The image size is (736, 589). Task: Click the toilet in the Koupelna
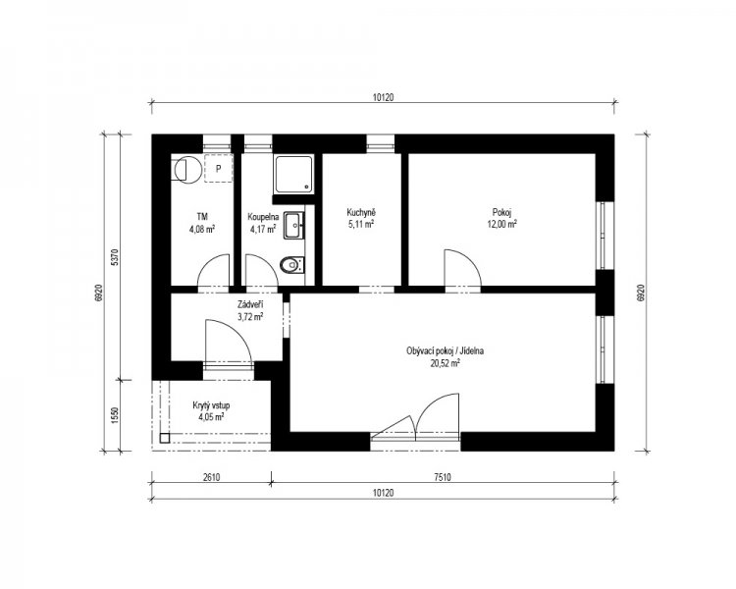coord(292,265)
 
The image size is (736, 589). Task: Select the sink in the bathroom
coord(294,226)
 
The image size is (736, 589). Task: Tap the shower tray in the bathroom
coord(293,175)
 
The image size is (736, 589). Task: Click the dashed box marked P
coord(218,168)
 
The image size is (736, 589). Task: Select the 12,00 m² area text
coord(501,224)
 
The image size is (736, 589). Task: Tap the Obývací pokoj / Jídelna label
coord(445,350)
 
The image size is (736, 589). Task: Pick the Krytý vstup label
coord(211,405)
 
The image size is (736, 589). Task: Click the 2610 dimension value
coord(211,478)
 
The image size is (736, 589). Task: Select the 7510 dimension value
coord(443,478)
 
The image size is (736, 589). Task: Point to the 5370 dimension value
coord(117,257)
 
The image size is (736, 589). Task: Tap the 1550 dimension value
coord(117,415)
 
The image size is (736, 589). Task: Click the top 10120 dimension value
coord(383,98)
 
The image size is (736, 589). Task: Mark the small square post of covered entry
coord(164,438)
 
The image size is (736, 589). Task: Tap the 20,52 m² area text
coord(445,362)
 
